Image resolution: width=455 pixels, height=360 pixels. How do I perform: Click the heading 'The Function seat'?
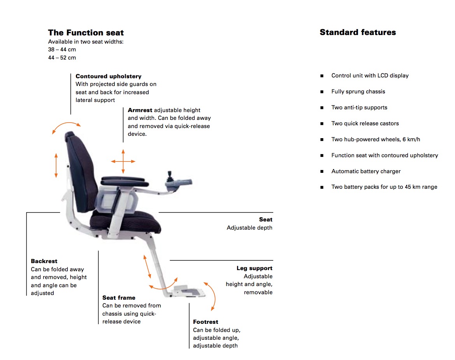[86, 32]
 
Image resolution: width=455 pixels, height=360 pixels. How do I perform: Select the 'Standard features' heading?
[358, 32]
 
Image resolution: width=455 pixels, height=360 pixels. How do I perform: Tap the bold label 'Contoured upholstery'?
[109, 76]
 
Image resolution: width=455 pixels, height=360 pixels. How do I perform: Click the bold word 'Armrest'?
[140, 110]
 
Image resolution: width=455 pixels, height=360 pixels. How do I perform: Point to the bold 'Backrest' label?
[44, 261]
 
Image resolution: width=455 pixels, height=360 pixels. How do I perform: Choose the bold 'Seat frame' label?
[119, 298]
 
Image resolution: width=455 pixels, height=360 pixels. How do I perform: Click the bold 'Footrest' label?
[206, 322]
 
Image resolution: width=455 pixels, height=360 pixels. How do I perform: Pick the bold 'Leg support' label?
[255, 268]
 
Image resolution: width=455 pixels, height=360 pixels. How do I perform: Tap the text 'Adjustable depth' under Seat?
[249, 228]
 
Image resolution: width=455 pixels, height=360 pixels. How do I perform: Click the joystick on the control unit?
[169, 176]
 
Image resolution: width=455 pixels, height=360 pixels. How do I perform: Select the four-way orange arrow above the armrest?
[123, 161]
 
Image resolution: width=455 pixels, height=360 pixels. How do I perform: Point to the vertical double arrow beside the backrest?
[56, 165]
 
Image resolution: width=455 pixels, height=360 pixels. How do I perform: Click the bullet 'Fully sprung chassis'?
[358, 92]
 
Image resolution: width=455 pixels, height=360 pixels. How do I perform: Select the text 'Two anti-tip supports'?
[359, 108]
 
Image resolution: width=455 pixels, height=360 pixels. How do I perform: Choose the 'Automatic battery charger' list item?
[366, 172]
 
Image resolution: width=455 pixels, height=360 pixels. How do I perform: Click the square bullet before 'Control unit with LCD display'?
[322, 76]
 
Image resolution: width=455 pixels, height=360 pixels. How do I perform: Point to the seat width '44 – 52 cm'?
[62, 58]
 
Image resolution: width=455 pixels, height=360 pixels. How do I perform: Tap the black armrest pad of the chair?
[124, 181]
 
